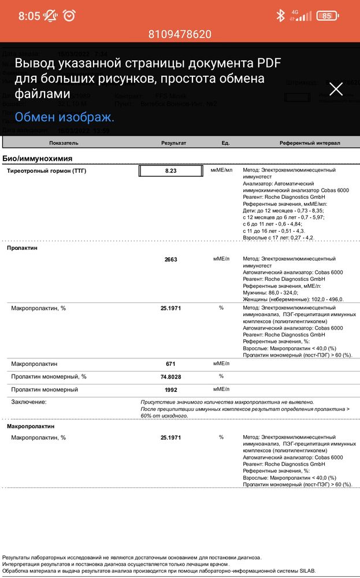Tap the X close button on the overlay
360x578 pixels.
click(x=336, y=88)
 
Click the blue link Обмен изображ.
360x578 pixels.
click(x=64, y=117)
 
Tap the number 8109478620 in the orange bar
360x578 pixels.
click(x=180, y=35)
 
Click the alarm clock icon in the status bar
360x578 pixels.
click(x=69, y=16)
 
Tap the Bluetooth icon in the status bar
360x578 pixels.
click(x=281, y=16)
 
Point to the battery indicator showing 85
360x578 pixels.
click(x=326, y=16)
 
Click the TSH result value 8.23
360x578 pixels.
click(x=170, y=171)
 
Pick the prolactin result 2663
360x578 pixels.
click(x=170, y=260)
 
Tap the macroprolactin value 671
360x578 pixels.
click(x=170, y=364)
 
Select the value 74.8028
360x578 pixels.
click(x=170, y=377)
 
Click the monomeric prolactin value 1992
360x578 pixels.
click(x=170, y=390)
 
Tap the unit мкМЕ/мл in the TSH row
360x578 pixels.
click(x=221, y=171)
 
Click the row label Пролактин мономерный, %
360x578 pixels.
click(x=49, y=377)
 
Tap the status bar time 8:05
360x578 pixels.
click(x=29, y=16)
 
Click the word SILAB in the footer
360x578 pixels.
click(x=307, y=570)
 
